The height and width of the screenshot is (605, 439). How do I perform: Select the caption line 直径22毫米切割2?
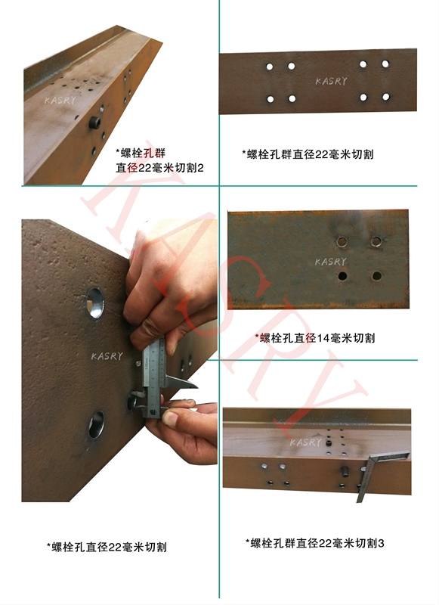click(160, 168)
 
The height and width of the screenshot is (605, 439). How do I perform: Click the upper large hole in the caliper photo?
click(94, 302)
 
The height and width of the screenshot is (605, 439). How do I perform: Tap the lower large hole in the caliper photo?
click(97, 424)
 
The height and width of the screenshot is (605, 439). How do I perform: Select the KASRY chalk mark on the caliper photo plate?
click(107, 355)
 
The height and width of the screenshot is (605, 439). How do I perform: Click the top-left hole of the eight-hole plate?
click(270, 67)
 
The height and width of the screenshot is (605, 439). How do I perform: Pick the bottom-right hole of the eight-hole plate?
click(386, 97)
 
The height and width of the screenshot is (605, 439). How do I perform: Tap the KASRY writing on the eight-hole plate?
click(331, 81)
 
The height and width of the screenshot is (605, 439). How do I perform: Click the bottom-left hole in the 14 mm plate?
click(342, 276)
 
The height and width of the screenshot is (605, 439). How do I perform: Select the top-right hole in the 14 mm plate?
click(376, 242)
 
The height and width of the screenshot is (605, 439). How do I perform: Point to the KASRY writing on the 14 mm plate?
click(330, 262)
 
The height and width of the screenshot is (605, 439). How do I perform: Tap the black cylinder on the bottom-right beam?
click(345, 471)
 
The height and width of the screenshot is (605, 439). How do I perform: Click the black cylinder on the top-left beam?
click(94, 123)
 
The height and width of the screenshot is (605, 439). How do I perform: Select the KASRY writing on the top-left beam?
click(60, 101)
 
